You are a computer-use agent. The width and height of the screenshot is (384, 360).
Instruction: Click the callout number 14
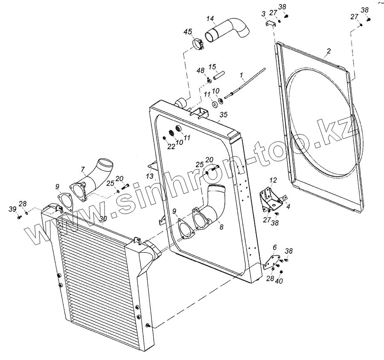pos(210,19)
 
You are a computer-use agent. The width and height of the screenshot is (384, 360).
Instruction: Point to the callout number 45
pos(188,32)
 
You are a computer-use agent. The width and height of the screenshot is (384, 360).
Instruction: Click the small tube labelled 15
pos(216,75)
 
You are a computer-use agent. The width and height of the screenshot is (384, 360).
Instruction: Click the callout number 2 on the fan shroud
pos(328,52)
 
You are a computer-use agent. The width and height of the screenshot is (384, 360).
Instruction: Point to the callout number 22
pos(170,146)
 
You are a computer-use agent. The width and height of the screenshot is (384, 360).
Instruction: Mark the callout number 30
pos(102,218)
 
